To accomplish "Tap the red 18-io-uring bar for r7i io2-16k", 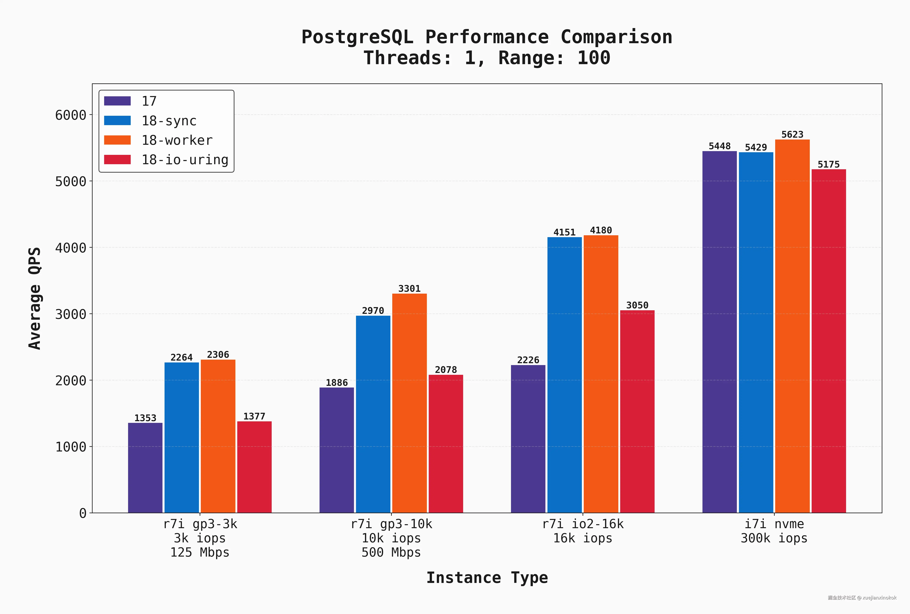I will (x=637, y=411).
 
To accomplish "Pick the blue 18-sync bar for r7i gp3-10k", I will (x=373, y=414).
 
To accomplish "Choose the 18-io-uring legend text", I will (x=185, y=160).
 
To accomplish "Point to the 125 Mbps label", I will (x=200, y=552).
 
